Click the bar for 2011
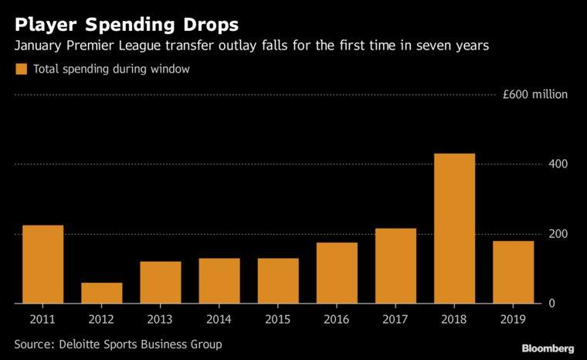43,264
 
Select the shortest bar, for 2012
102,293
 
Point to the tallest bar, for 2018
454,228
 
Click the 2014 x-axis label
219,319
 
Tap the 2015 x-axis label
278,319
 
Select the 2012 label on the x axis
102,319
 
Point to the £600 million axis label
534,95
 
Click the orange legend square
21,70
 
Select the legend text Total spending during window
112,70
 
